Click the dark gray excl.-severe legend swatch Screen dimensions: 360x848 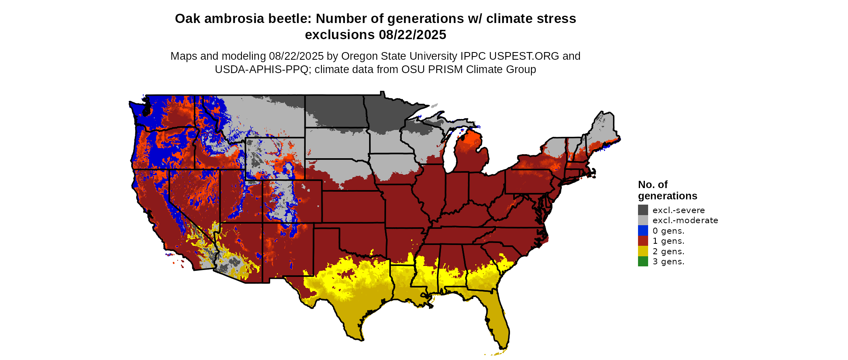643,210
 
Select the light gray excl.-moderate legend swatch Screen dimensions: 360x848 643,220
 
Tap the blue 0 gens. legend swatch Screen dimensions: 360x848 643,230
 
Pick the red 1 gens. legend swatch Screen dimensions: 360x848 643,241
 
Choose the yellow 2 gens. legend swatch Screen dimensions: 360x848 643,251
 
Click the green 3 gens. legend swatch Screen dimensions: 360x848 643,262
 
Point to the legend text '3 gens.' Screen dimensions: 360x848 668,262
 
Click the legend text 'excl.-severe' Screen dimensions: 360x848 678,210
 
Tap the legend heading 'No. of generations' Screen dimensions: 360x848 667,190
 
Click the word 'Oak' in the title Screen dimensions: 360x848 187,19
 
